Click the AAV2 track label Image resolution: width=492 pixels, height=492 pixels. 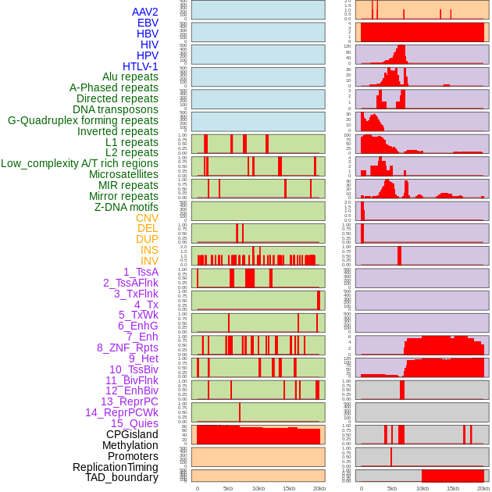[145, 12]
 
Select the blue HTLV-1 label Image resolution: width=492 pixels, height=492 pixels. [141, 66]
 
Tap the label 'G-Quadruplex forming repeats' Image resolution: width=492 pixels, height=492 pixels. [83, 120]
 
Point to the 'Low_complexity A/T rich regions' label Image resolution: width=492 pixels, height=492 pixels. [80, 163]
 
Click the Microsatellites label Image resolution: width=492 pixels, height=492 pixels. [123, 174]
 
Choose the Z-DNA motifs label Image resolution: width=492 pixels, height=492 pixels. [127, 207]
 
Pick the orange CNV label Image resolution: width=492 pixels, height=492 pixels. [147, 218]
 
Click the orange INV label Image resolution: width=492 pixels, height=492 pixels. [149, 261]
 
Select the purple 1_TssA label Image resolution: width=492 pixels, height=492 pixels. [141, 272]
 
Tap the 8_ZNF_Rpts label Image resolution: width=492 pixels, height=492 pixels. [127, 348]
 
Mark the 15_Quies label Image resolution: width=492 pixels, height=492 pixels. [134, 423]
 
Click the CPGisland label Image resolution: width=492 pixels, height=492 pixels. [132, 434]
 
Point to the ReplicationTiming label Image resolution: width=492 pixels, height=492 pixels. [116, 467]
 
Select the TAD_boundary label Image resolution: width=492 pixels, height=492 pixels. [122, 477]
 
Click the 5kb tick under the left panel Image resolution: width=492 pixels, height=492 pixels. [228, 488]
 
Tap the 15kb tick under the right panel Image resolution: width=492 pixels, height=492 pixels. [453, 488]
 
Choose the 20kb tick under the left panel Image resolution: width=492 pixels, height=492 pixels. [319, 488]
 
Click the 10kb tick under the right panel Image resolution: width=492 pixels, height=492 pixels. [422, 488]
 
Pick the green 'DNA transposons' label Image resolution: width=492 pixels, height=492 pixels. [116, 109]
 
